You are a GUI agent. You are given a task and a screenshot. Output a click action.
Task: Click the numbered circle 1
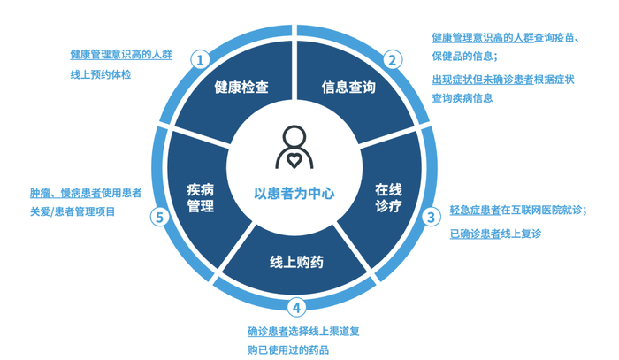click(x=202, y=60)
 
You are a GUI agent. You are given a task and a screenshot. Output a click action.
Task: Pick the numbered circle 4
click(x=297, y=307)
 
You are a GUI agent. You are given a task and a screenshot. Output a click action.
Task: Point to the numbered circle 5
click(x=160, y=216)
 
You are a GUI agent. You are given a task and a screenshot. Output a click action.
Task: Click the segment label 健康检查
click(x=241, y=88)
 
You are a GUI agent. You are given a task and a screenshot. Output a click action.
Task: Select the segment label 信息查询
click(x=348, y=88)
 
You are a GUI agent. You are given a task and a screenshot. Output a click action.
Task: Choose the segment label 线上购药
click(x=296, y=263)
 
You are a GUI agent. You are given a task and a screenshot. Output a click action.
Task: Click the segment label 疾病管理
click(x=202, y=197)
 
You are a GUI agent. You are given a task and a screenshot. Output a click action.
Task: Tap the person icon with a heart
click(x=294, y=148)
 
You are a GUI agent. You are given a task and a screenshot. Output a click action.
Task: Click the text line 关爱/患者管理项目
click(x=72, y=211)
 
